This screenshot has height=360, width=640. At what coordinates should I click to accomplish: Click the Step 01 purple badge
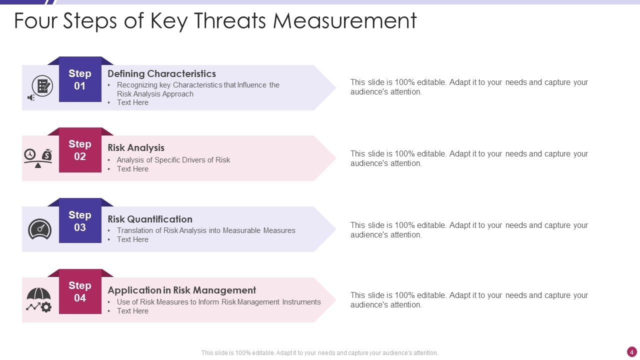pos(80,79)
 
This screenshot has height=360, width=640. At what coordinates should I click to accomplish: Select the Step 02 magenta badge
pos(80,150)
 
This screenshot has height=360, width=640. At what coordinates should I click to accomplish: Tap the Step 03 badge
pos(80,221)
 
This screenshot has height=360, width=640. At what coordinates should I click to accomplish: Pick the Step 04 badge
pos(80,291)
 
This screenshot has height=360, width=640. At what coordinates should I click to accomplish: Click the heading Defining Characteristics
pos(161,73)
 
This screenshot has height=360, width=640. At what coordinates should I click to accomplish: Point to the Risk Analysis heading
pos(136,147)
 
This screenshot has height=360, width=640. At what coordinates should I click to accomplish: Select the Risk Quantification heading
pos(150,219)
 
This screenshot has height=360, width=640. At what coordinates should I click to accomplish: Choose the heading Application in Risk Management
pos(181,290)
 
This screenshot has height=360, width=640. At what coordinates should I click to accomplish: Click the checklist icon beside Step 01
pos(42,85)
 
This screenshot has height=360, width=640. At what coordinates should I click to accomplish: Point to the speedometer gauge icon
pos(39,229)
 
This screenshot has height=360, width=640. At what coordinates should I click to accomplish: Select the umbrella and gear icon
pos(39,299)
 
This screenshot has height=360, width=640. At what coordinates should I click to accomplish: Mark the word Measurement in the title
pos(345,21)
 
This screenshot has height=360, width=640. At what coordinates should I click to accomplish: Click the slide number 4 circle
pos(631,352)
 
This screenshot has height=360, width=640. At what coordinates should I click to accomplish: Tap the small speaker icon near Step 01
pos(31,97)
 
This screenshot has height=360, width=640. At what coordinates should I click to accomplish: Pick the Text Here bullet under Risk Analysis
pos(132,169)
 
